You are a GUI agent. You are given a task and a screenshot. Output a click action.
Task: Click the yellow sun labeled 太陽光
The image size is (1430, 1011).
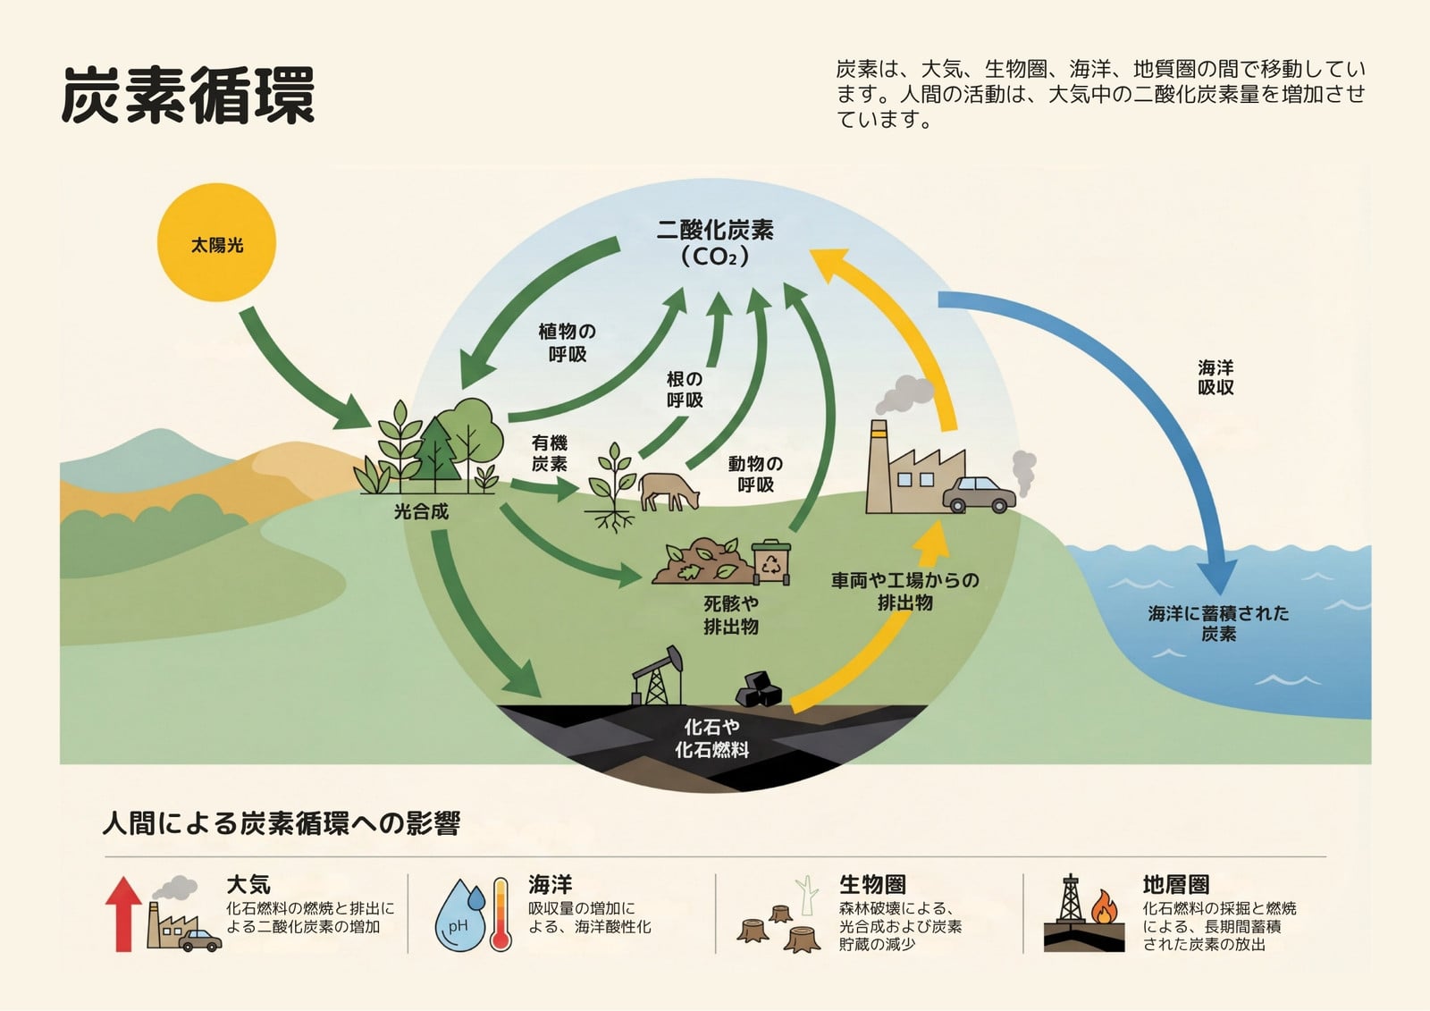coord(216,242)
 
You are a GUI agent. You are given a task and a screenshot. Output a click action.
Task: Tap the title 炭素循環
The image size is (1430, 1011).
coord(189,95)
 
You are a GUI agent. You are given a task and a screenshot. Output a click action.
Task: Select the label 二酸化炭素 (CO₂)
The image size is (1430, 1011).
coord(715,242)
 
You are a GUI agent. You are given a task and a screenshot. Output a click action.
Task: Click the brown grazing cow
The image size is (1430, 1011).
coord(669,491)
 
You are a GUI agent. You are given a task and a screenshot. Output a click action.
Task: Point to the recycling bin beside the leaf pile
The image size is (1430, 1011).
coord(771,562)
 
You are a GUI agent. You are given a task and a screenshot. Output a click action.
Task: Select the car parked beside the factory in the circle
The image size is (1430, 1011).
coord(979,494)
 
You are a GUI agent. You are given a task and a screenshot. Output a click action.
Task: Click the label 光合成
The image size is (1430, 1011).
coord(421,511)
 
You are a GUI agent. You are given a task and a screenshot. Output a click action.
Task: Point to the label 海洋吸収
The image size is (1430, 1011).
coord(1215,377)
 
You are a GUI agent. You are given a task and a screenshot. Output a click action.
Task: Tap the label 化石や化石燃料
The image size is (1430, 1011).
coord(711,738)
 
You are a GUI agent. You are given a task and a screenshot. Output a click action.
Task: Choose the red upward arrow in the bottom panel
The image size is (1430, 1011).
coord(123,914)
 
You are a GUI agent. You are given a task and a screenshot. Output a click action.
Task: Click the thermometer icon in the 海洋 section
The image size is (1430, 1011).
coord(501,914)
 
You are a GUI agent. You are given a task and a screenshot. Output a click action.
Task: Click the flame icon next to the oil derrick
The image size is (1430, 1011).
coord(1105,907)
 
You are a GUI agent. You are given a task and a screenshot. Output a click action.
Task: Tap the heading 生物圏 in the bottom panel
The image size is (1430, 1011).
coord(872,885)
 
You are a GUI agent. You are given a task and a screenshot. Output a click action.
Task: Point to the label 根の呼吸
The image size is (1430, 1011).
coord(685,390)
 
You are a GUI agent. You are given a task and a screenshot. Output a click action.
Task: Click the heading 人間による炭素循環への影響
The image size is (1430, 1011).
coord(281,823)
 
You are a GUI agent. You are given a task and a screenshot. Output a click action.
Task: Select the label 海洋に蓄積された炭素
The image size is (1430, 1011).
coord(1219,623)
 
